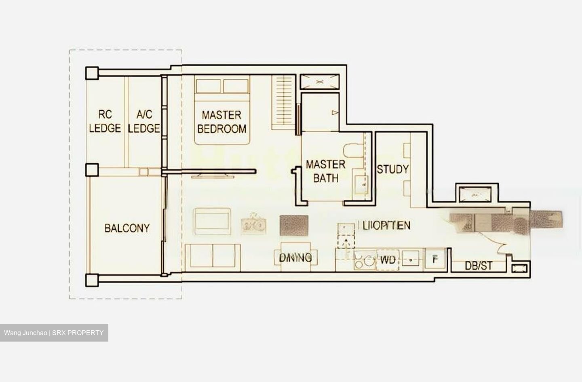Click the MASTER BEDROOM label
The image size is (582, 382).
point(221,122)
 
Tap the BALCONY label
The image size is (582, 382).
point(127,228)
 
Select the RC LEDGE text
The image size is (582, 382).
point(105,121)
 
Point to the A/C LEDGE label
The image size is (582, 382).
point(144,121)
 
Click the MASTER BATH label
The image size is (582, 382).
point(325,171)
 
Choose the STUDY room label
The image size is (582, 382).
point(392,169)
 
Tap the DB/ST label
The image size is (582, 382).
point(479,266)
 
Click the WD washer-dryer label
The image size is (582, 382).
point(388,260)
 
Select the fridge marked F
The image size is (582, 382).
point(435,259)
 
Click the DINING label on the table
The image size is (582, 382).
point(295,257)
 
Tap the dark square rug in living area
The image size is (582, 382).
point(294,225)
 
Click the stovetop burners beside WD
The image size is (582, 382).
point(364,261)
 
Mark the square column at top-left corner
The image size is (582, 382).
point(92,73)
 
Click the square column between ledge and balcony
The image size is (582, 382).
point(92,170)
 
